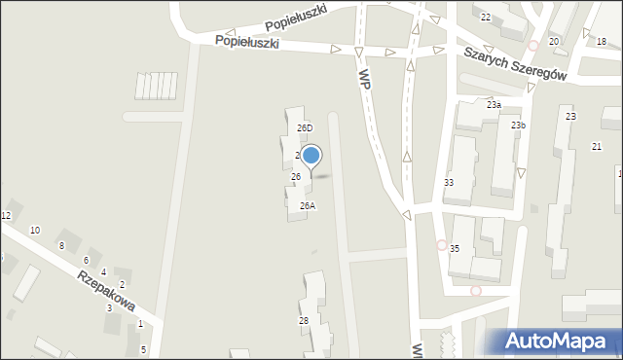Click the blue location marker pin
click(x=311, y=156)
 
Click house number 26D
click(x=305, y=127)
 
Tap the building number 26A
click(x=307, y=205)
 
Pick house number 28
click(x=304, y=320)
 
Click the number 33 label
click(x=449, y=183)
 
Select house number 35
click(x=455, y=249)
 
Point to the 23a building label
click(x=494, y=104)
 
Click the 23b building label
click(x=518, y=125)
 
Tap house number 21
click(x=597, y=146)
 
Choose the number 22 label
click(x=486, y=18)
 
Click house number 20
click(x=554, y=41)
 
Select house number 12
click(x=6, y=215)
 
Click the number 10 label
click(x=35, y=230)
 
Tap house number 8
click(x=61, y=245)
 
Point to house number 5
click(x=143, y=349)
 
